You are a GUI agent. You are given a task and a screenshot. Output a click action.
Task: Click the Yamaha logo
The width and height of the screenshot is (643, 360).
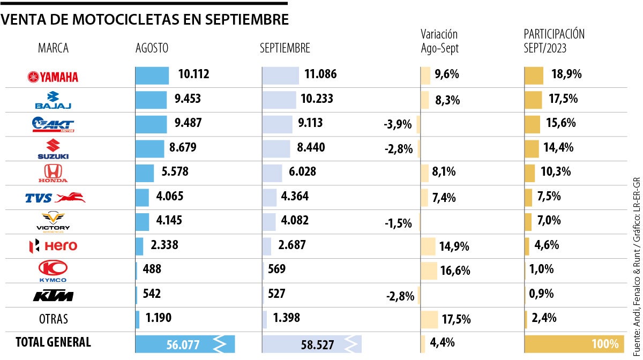click(x=53, y=77)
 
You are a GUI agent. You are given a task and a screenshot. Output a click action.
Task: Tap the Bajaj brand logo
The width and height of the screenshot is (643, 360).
click(x=53, y=100)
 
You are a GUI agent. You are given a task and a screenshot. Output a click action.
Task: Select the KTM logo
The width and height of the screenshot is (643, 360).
click(x=53, y=296)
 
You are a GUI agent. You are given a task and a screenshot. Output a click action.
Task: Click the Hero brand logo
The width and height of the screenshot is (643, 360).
click(x=53, y=246)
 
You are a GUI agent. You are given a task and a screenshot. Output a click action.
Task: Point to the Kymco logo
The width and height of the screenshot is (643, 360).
click(x=53, y=271)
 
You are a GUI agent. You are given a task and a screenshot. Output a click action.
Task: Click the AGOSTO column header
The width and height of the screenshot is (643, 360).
click(x=152, y=48)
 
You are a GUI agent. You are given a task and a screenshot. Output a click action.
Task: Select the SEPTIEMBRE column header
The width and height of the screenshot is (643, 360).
click(x=285, y=48)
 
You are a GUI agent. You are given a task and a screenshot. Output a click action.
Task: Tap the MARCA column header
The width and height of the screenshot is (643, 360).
click(x=53, y=48)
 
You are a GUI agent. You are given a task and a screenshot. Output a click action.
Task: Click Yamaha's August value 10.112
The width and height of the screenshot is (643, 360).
click(x=193, y=74)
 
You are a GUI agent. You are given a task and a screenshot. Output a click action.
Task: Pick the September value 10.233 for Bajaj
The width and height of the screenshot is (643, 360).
click(x=318, y=99)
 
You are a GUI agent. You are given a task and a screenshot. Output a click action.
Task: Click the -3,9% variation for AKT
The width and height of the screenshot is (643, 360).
click(x=398, y=125)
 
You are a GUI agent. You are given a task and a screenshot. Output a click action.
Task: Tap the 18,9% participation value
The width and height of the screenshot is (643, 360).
click(x=566, y=74)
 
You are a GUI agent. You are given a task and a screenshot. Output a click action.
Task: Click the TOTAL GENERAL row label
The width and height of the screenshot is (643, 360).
click(x=53, y=342)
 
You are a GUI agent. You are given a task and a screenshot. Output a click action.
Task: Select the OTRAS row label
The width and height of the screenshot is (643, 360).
click(x=53, y=319)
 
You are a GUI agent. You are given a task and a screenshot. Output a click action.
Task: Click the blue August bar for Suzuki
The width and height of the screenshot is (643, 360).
click(x=149, y=148)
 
